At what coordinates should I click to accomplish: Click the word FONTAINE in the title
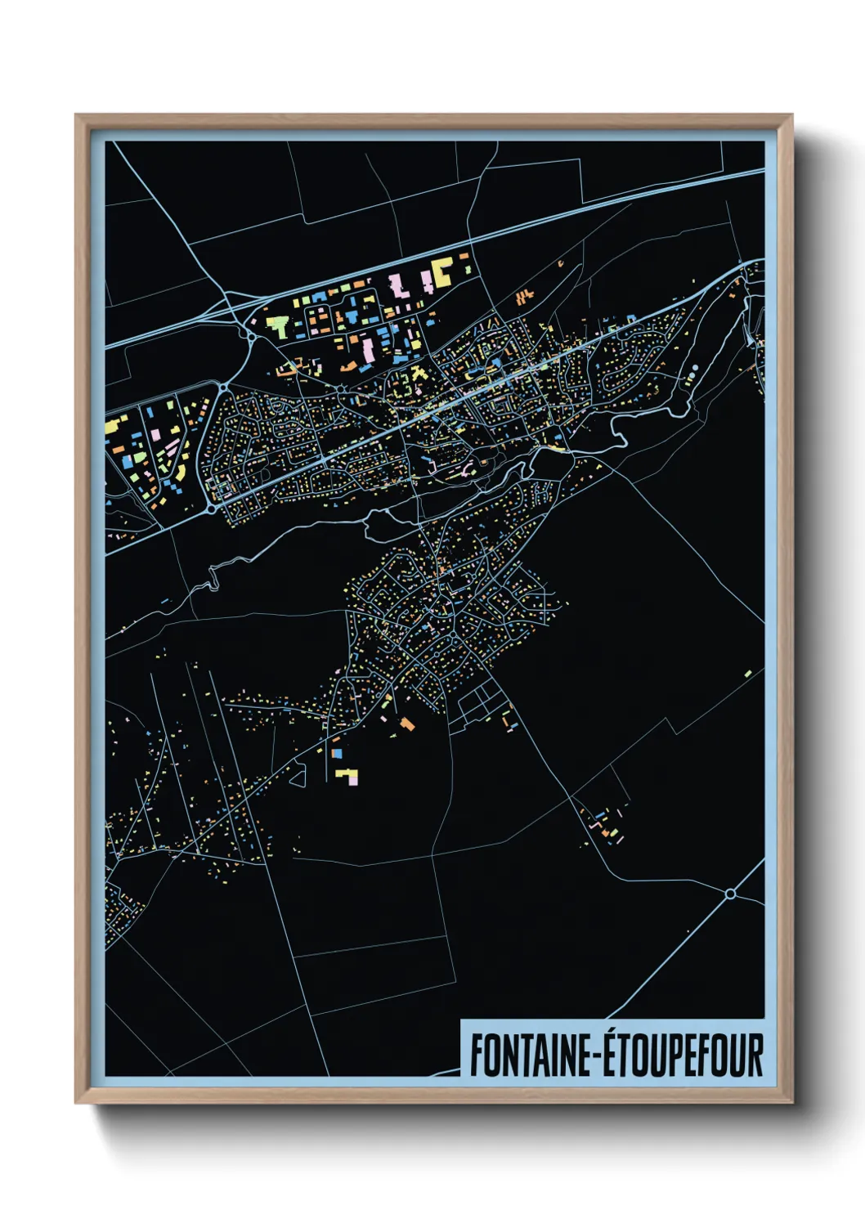click(x=531, y=1055)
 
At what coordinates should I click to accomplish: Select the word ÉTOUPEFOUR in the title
click(x=685, y=1055)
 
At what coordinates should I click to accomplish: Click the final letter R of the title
click(x=755, y=1055)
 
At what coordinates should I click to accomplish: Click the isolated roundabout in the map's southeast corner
click(x=730, y=894)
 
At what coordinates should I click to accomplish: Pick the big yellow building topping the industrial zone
click(x=441, y=271)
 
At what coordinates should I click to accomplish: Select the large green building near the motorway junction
click(x=277, y=327)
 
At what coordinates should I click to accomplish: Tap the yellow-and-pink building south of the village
click(x=347, y=775)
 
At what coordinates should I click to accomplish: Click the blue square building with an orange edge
click(x=335, y=752)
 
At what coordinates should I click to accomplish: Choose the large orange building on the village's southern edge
click(x=407, y=723)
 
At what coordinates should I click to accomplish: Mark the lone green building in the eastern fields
click(x=747, y=674)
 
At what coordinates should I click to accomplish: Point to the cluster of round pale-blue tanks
click(x=692, y=375)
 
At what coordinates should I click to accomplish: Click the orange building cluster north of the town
click(x=525, y=296)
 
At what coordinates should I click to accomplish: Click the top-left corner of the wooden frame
click(x=77, y=116)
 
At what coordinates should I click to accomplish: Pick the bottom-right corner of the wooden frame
click(x=791, y=1101)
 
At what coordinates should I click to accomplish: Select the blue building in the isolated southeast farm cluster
click(x=600, y=816)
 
